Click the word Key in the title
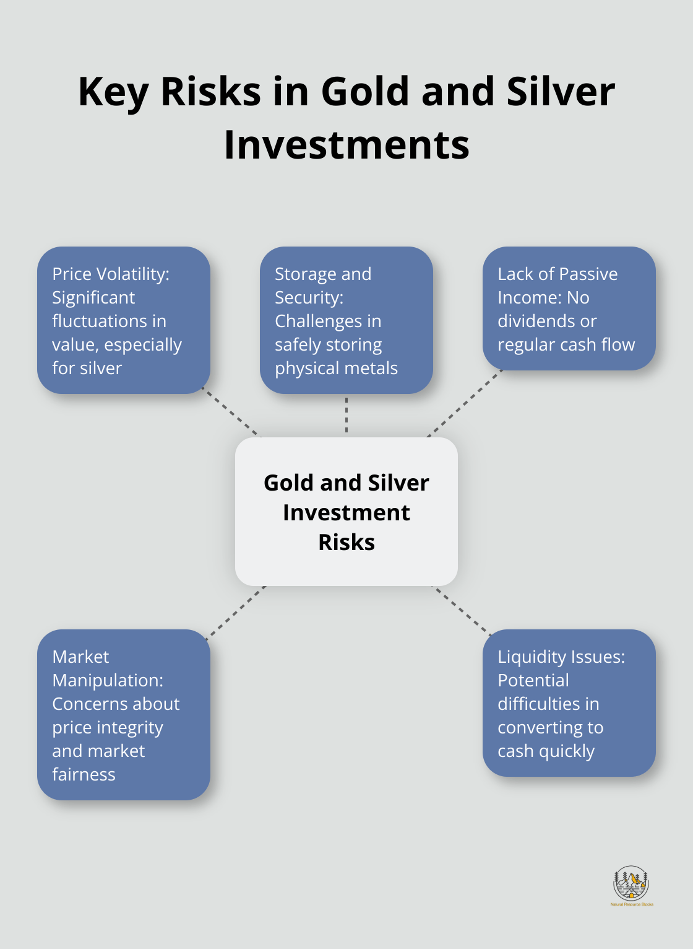point(113,92)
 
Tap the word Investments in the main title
point(346,145)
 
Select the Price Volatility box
point(124,320)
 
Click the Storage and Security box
point(346,320)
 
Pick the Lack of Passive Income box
point(569,308)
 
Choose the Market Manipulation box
point(124,715)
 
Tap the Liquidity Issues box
point(569,703)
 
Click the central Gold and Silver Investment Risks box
point(346,512)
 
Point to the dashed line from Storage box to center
point(346,416)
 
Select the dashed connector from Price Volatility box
point(232,414)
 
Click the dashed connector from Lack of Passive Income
point(465,403)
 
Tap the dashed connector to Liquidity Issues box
point(461,610)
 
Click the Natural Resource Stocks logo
point(631,885)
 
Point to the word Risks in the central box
point(346,543)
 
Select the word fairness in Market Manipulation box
point(84,775)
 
